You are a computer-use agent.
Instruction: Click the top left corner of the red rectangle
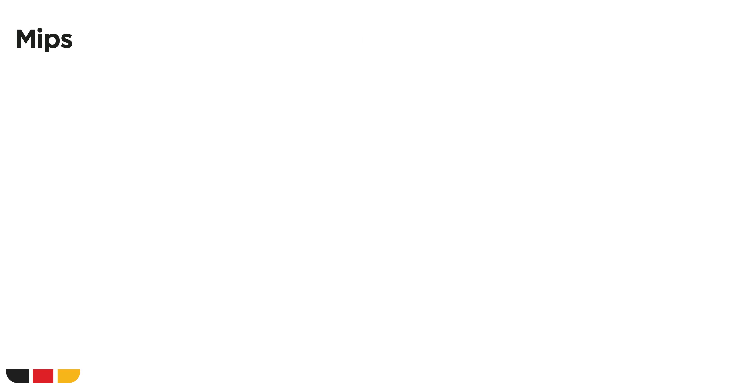pyautogui.click(x=33, y=369)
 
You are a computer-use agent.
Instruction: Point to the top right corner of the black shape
pyautogui.click(x=29, y=369)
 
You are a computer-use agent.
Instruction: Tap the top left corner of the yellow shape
pyautogui.click(x=58, y=369)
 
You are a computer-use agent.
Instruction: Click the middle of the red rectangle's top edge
pyautogui.click(x=43, y=369)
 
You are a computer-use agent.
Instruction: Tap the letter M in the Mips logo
pyautogui.click(x=26, y=39)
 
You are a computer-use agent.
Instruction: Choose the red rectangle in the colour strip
pyautogui.click(x=43, y=376)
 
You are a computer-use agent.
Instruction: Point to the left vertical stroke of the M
pyautogui.click(x=19, y=39)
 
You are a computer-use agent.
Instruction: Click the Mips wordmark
pyautogui.click(x=44, y=40)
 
